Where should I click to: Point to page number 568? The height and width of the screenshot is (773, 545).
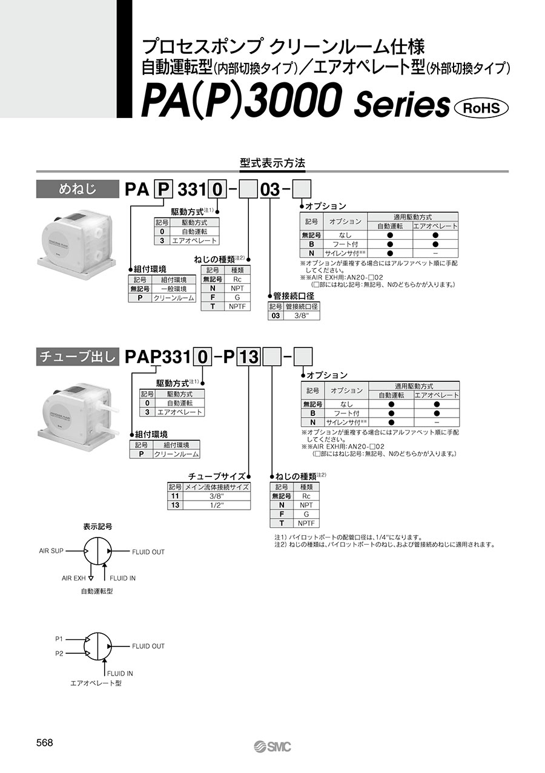point(45,743)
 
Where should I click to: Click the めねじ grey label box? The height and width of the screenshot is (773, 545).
point(77,189)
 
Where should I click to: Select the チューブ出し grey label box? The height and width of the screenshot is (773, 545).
point(77,357)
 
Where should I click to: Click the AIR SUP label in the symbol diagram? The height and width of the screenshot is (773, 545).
point(51,551)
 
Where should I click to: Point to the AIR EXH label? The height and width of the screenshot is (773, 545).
point(74,578)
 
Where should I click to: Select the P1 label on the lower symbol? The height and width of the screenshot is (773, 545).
point(59,638)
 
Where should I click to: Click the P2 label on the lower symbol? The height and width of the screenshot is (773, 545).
point(59,653)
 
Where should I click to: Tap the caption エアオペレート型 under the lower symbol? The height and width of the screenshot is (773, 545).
point(96,683)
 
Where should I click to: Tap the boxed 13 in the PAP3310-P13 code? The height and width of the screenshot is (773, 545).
point(248,358)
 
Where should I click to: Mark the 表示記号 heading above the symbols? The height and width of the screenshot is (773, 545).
point(97,527)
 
